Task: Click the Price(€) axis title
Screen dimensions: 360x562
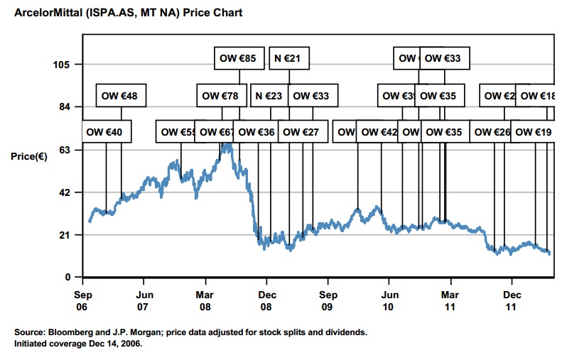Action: click(x=29, y=156)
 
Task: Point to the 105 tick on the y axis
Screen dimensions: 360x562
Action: click(x=62, y=65)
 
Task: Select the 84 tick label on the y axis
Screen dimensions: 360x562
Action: click(x=64, y=107)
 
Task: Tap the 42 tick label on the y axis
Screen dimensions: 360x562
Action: click(x=64, y=192)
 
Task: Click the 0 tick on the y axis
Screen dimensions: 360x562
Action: click(x=67, y=277)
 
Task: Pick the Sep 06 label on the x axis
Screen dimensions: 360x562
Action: click(x=82, y=299)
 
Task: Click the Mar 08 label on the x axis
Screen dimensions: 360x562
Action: click(x=205, y=299)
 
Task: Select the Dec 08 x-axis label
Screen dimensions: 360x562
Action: click(x=267, y=299)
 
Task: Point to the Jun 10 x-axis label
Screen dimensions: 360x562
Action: click(x=389, y=299)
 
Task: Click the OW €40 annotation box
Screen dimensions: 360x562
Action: click(x=104, y=132)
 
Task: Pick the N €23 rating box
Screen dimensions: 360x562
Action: click(x=269, y=95)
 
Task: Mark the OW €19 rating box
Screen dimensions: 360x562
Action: click(x=534, y=132)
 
